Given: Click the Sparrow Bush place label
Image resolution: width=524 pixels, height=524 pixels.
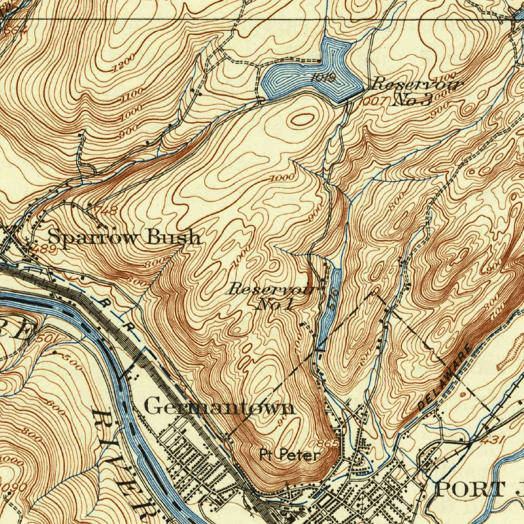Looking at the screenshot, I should coord(124,237).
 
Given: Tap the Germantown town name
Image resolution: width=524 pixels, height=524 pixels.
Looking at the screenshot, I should coord(220,407).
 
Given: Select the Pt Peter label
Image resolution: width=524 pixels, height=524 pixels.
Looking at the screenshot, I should coord(290,455).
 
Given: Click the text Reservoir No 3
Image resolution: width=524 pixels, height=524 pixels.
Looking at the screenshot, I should coord(416,91).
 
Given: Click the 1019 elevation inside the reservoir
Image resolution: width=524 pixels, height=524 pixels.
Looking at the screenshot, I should coord(323,78).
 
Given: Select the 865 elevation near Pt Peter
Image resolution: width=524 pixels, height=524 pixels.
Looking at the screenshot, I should coord(327,443).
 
